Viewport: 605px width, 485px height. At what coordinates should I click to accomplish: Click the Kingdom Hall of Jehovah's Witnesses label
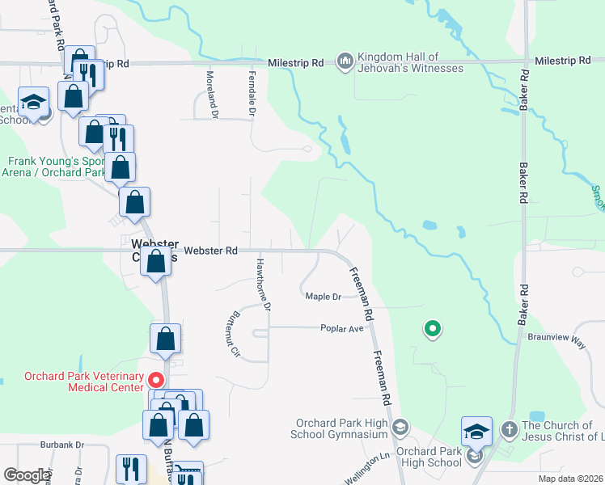click(x=411, y=62)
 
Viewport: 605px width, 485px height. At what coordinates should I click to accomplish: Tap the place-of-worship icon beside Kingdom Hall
click(x=345, y=62)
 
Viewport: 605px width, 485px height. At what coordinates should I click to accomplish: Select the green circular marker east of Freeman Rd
click(x=433, y=328)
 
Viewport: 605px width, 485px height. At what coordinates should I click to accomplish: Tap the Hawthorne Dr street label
click(x=263, y=285)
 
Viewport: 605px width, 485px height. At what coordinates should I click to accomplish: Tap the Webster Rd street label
click(x=210, y=251)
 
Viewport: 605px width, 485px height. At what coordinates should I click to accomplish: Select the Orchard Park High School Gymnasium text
click(x=342, y=428)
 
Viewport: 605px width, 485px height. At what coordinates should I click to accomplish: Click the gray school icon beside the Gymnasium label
click(x=399, y=426)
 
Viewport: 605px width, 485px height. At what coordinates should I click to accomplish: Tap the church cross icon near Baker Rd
click(x=510, y=427)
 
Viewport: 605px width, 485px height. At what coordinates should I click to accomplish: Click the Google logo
click(x=27, y=475)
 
